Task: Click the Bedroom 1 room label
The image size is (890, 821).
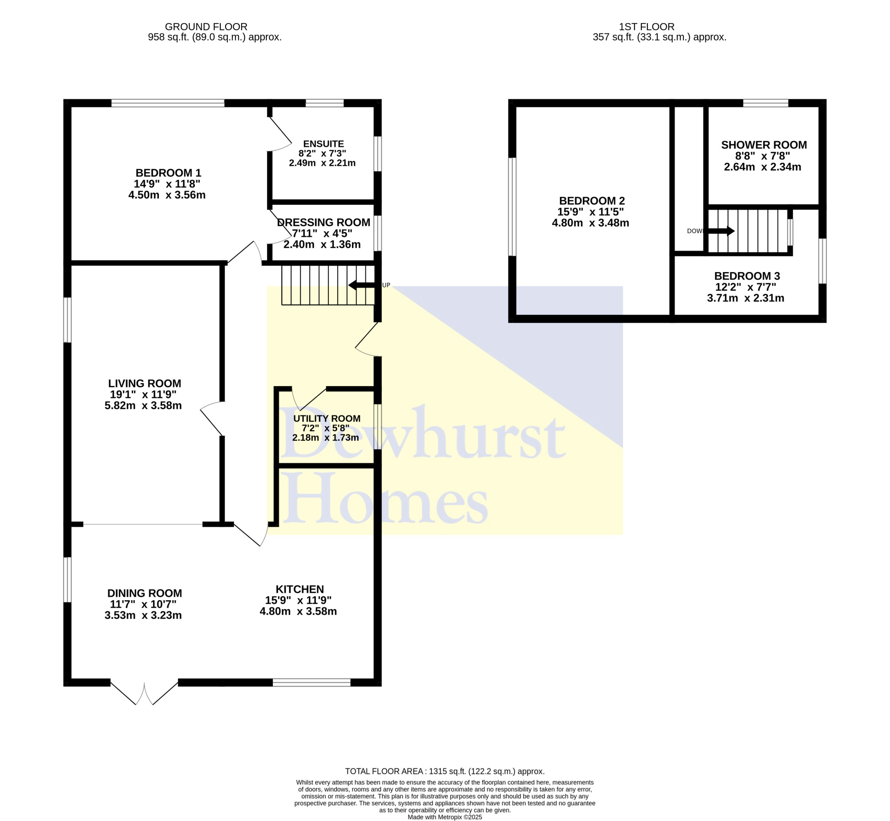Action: click(x=168, y=173)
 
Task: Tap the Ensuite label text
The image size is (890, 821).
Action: click(x=324, y=144)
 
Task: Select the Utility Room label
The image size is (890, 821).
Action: click(x=327, y=419)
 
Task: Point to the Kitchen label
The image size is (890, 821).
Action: click(x=299, y=589)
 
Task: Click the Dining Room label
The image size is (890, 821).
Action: click(x=145, y=593)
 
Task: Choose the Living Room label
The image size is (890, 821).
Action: click(x=145, y=383)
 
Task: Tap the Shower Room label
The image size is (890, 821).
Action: click(x=764, y=145)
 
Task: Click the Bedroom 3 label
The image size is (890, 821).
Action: click(x=747, y=276)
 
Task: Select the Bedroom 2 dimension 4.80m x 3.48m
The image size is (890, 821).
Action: click(x=591, y=223)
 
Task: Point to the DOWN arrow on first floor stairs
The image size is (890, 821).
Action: click(x=721, y=231)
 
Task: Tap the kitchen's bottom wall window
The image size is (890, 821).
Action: click(x=311, y=683)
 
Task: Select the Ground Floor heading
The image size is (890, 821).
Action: click(x=206, y=27)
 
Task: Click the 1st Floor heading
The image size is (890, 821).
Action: click(x=647, y=27)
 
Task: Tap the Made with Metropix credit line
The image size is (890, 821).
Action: click(x=445, y=817)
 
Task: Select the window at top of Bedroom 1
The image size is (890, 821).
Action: click(x=168, y=103)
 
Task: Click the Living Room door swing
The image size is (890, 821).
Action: click(x=212, y=419)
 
